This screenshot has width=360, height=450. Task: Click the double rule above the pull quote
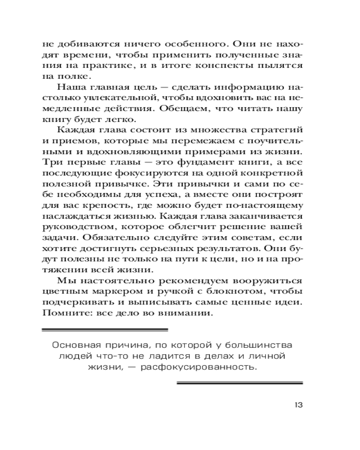[104, 330]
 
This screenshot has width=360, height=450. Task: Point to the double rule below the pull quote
[239, 383]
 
